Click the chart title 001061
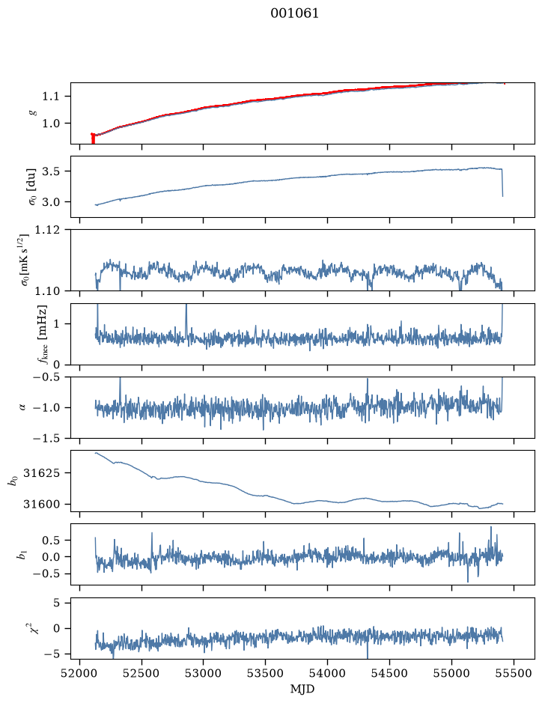(x=294, y=13)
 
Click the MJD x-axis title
(x=302, y=689)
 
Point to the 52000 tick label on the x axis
(x=80, y=673)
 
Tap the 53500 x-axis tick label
(x=266, y=673)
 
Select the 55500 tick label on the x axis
(x=514, y=673)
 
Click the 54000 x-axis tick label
(x=327, y=673)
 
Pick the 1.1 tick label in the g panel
(x=51, y=97)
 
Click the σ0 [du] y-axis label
(x=32, y=187)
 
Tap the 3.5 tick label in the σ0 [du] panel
(x=51, y=171)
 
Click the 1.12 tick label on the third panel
(x=47, y=230)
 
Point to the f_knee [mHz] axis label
(x=42, y=335)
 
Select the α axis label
(x=22, y=407)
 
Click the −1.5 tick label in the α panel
(x=46, y=438)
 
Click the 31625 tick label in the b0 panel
(x=41, y=473)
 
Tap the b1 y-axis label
(x=22, y=555)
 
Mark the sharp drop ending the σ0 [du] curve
(x=502, y=183)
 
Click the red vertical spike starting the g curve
(x=93, y=139)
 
